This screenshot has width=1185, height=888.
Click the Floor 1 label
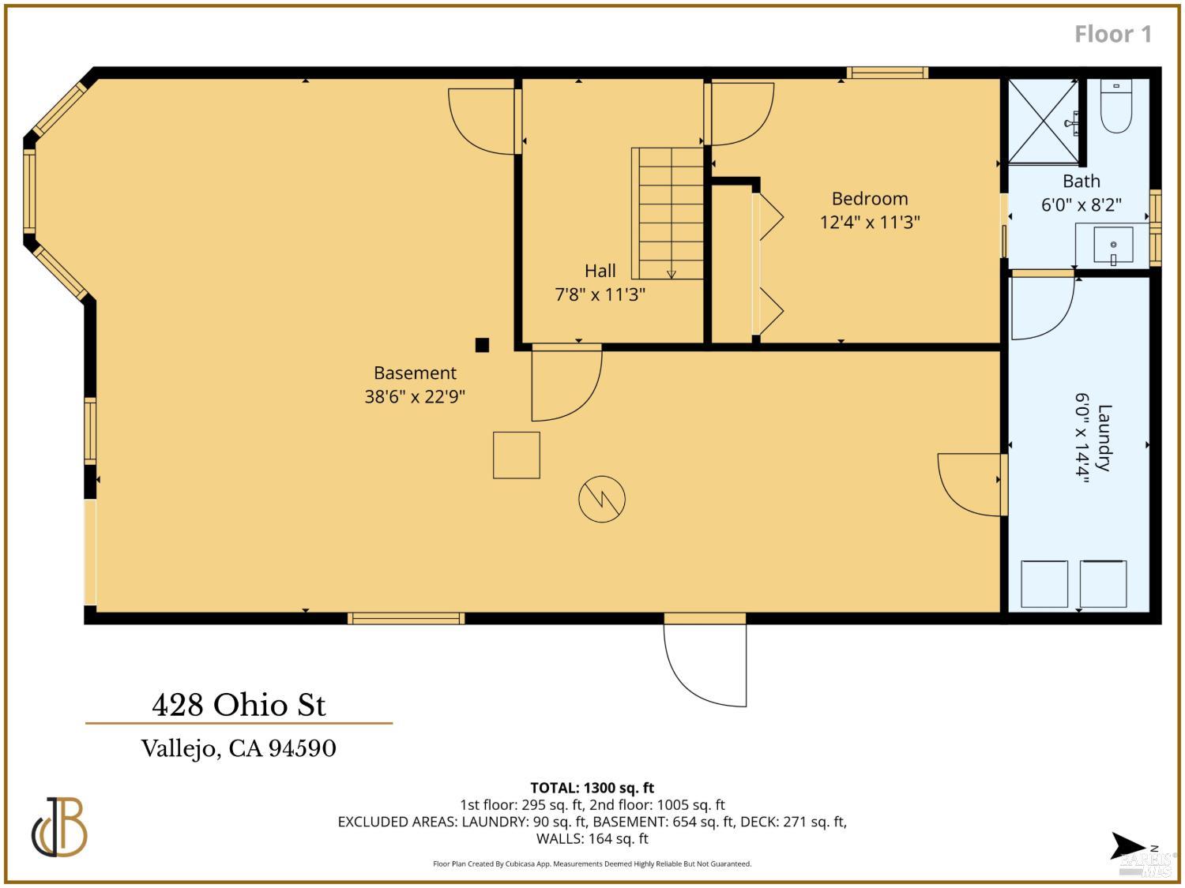pos(1112,34)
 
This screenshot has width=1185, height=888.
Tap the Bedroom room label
pos(870,198)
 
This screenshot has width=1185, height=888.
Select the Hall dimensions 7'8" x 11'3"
pos(600,294)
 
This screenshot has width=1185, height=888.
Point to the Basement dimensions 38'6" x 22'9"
pos(415,397)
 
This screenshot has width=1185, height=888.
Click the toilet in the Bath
pos(1116,107)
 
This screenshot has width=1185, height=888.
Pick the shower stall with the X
pos(1044,122)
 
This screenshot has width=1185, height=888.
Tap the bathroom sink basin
pos(1113,245)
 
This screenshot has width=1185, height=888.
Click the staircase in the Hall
pos(668,213)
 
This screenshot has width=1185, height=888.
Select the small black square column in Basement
pos(482,345)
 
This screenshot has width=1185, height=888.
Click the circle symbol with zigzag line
pos(602,499)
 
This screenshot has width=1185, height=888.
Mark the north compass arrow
pos(1128,845)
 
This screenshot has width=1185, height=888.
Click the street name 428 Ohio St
pos(239,705)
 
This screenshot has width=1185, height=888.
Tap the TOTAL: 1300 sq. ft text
pos(592,788)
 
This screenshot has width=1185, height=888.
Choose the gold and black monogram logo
pos(59,827)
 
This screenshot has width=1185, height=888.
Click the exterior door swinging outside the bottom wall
pos(705,660)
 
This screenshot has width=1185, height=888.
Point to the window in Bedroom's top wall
pos(887,73)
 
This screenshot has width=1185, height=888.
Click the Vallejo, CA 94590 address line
pos(239,748)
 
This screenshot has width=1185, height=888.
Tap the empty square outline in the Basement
pos(516,455)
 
